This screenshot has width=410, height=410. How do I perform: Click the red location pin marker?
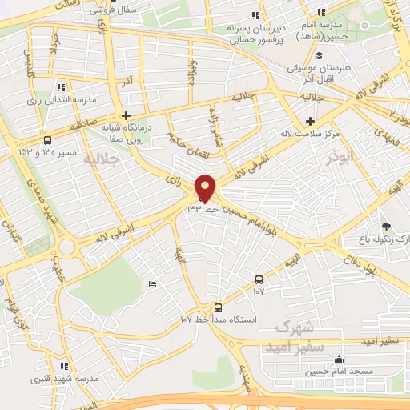point(205,188)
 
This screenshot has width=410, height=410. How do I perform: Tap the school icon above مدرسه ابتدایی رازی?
point(62,87)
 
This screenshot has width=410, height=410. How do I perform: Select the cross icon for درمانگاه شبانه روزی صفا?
point(126,115)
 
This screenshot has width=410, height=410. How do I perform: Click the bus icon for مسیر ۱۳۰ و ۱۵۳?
point(46,139)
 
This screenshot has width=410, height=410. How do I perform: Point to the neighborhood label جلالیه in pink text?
point(101,159)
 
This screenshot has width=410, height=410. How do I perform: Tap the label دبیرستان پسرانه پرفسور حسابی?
point(255,30)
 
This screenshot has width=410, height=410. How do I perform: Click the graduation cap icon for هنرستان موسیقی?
point(319,56)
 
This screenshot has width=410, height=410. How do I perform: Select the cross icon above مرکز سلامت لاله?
point(310,121)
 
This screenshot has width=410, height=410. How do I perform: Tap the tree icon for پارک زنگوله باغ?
point(387,227)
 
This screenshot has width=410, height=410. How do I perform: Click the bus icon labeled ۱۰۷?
point(259,279)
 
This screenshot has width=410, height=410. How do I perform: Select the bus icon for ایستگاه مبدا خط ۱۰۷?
point(219,307)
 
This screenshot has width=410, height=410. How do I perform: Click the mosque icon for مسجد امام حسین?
point(339,359)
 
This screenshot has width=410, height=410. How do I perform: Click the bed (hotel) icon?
point(153,284)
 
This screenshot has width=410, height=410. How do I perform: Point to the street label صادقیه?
point(82,125)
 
